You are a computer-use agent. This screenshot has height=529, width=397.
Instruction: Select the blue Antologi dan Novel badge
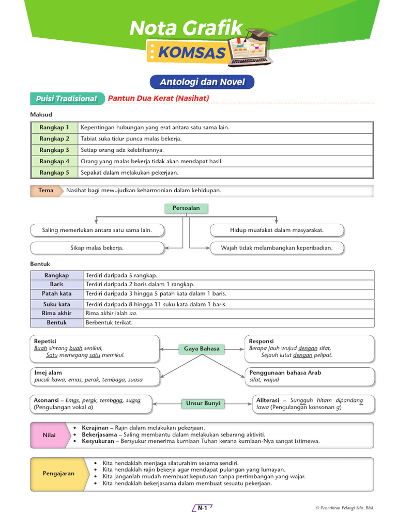tap(202, 82)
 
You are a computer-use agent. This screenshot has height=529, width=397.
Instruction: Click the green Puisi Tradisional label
tap(66, 99)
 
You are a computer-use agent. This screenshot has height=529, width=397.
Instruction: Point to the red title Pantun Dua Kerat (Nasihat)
tap(158, 98)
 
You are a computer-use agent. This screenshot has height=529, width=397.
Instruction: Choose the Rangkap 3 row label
tap(54, 150)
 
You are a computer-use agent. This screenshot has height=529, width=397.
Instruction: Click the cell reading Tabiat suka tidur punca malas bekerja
tap(131, 138)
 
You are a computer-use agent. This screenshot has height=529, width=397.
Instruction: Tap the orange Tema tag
tap(45, 191)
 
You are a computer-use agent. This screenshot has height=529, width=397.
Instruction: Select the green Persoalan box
tap(182, 208)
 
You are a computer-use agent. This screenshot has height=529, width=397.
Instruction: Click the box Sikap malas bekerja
tap(97, 248)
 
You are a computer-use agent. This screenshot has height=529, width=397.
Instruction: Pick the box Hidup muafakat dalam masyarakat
tap(277, 230)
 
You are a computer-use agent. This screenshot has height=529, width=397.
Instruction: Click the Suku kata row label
tap(57, 304)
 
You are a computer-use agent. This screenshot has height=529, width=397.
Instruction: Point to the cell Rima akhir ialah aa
tap(108, 313)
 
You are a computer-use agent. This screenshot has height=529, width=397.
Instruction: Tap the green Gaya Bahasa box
tap(202, 349)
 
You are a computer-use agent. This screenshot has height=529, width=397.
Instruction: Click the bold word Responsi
tap(262, 341)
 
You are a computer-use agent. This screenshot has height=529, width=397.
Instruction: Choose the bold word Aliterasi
tap(268, 400)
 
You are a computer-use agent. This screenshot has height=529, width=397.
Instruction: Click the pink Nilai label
tap(49, 435)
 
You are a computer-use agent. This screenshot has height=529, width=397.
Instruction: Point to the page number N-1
tap(202, 508)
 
